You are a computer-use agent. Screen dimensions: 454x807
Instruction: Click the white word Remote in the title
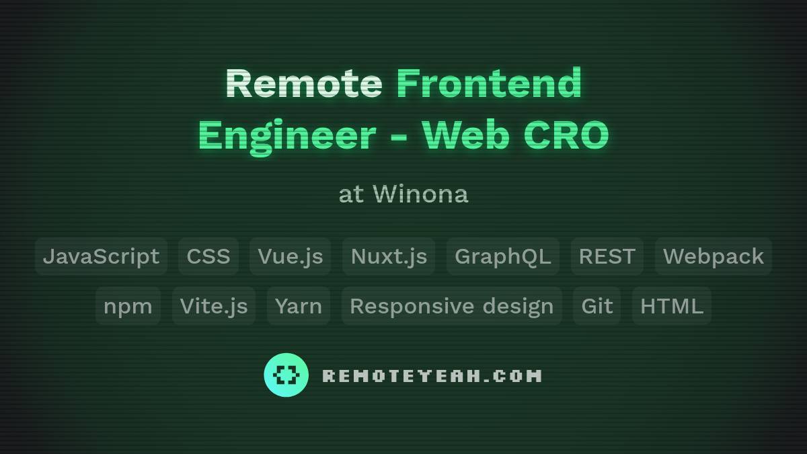coord(303,83)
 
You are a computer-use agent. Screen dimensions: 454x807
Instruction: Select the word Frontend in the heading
coord(489,83)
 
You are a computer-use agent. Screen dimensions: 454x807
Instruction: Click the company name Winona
coord(420,194)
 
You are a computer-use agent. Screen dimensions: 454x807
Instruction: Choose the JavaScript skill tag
coord(101,256)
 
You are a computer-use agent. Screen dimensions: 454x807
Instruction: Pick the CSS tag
coord(208,256)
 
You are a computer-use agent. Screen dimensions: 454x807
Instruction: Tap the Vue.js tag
coord(291,256)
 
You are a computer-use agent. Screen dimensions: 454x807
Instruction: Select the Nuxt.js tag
coord(389,256)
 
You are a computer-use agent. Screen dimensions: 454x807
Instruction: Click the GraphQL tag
coord(503,256)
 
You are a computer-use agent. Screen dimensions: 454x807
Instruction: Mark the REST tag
coord(607,256)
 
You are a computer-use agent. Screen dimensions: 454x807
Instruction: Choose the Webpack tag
coord(714,256)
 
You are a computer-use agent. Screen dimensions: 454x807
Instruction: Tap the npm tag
coord(128,306)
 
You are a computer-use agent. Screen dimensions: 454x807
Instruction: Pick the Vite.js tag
coord(214,306)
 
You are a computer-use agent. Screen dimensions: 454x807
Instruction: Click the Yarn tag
coord(299,306)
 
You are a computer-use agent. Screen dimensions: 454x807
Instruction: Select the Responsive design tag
coord(452,306)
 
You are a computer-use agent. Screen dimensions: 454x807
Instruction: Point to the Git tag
coord(597,306)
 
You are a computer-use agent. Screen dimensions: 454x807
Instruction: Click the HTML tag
coord(672,306)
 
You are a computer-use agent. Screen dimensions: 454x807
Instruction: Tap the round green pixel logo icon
coord(286,375)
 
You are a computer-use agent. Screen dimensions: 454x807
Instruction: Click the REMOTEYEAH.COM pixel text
coord(432,375)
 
